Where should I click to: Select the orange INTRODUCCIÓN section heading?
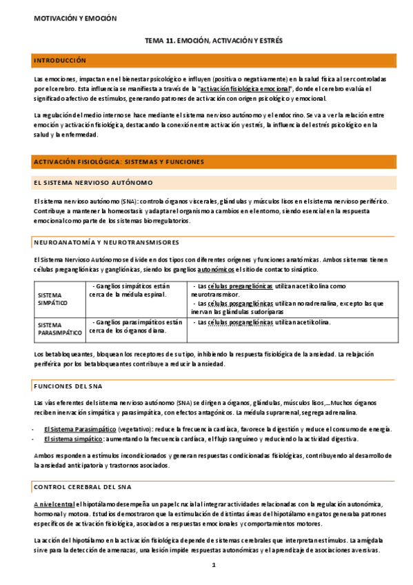[61, 61]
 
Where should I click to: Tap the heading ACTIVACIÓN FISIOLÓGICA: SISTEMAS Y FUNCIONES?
[119, 162]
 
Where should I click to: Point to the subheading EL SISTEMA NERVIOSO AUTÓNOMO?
[93, 183]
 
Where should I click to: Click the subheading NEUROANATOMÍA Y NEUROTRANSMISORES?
[106, 242]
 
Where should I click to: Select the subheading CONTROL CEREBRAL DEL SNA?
[83, 487]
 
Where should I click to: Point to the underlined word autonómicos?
[217, 269]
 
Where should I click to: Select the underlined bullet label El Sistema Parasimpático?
[79, 429]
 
